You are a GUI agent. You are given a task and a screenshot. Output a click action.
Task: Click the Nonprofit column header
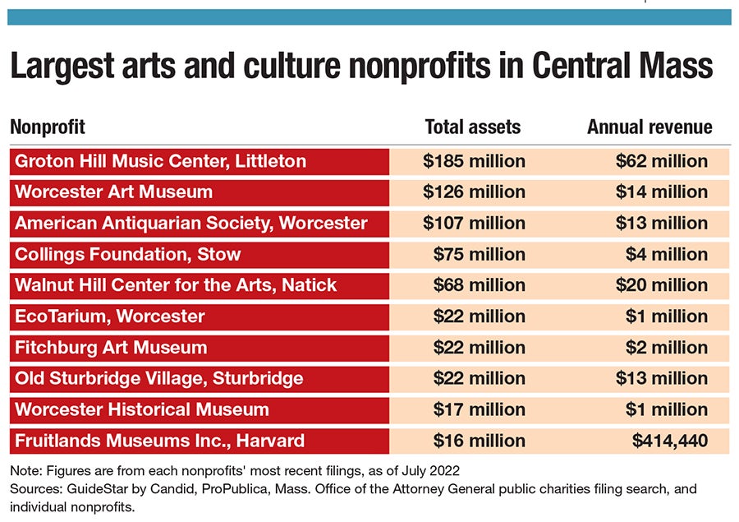[48, 127]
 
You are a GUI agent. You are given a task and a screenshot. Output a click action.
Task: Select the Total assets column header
[472, 127]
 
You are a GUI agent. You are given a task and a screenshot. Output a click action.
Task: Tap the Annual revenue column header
[649, 127]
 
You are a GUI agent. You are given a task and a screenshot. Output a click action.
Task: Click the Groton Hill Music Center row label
[160, 161]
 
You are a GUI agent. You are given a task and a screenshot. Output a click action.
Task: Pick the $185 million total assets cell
[474, 161]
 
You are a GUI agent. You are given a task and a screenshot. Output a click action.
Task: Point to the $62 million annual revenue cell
[661, 161]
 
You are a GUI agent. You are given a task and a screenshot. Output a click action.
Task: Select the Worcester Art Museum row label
[113, 192]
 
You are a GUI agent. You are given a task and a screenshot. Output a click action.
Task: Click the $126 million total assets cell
[474, 192]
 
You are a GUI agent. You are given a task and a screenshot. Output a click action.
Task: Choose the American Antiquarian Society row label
[191, 224]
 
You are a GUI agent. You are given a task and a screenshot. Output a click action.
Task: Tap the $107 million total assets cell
[474, 224]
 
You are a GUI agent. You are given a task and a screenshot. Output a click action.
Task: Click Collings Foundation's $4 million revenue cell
[666, 254]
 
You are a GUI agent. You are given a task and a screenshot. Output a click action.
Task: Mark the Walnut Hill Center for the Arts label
[176, 285]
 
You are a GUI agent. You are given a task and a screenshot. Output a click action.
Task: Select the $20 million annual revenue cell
[661, 285]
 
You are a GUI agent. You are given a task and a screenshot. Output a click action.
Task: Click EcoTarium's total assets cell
[479, 316]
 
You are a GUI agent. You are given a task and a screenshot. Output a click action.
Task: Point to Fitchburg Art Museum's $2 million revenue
[666, 348]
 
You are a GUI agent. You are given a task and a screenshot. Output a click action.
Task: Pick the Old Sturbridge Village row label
[158, 379]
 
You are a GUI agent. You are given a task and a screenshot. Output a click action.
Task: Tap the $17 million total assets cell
[479, 409]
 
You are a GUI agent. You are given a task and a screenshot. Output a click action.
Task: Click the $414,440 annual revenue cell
[669, 441]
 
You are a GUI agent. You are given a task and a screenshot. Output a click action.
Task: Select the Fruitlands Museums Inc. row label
[159, 441]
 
